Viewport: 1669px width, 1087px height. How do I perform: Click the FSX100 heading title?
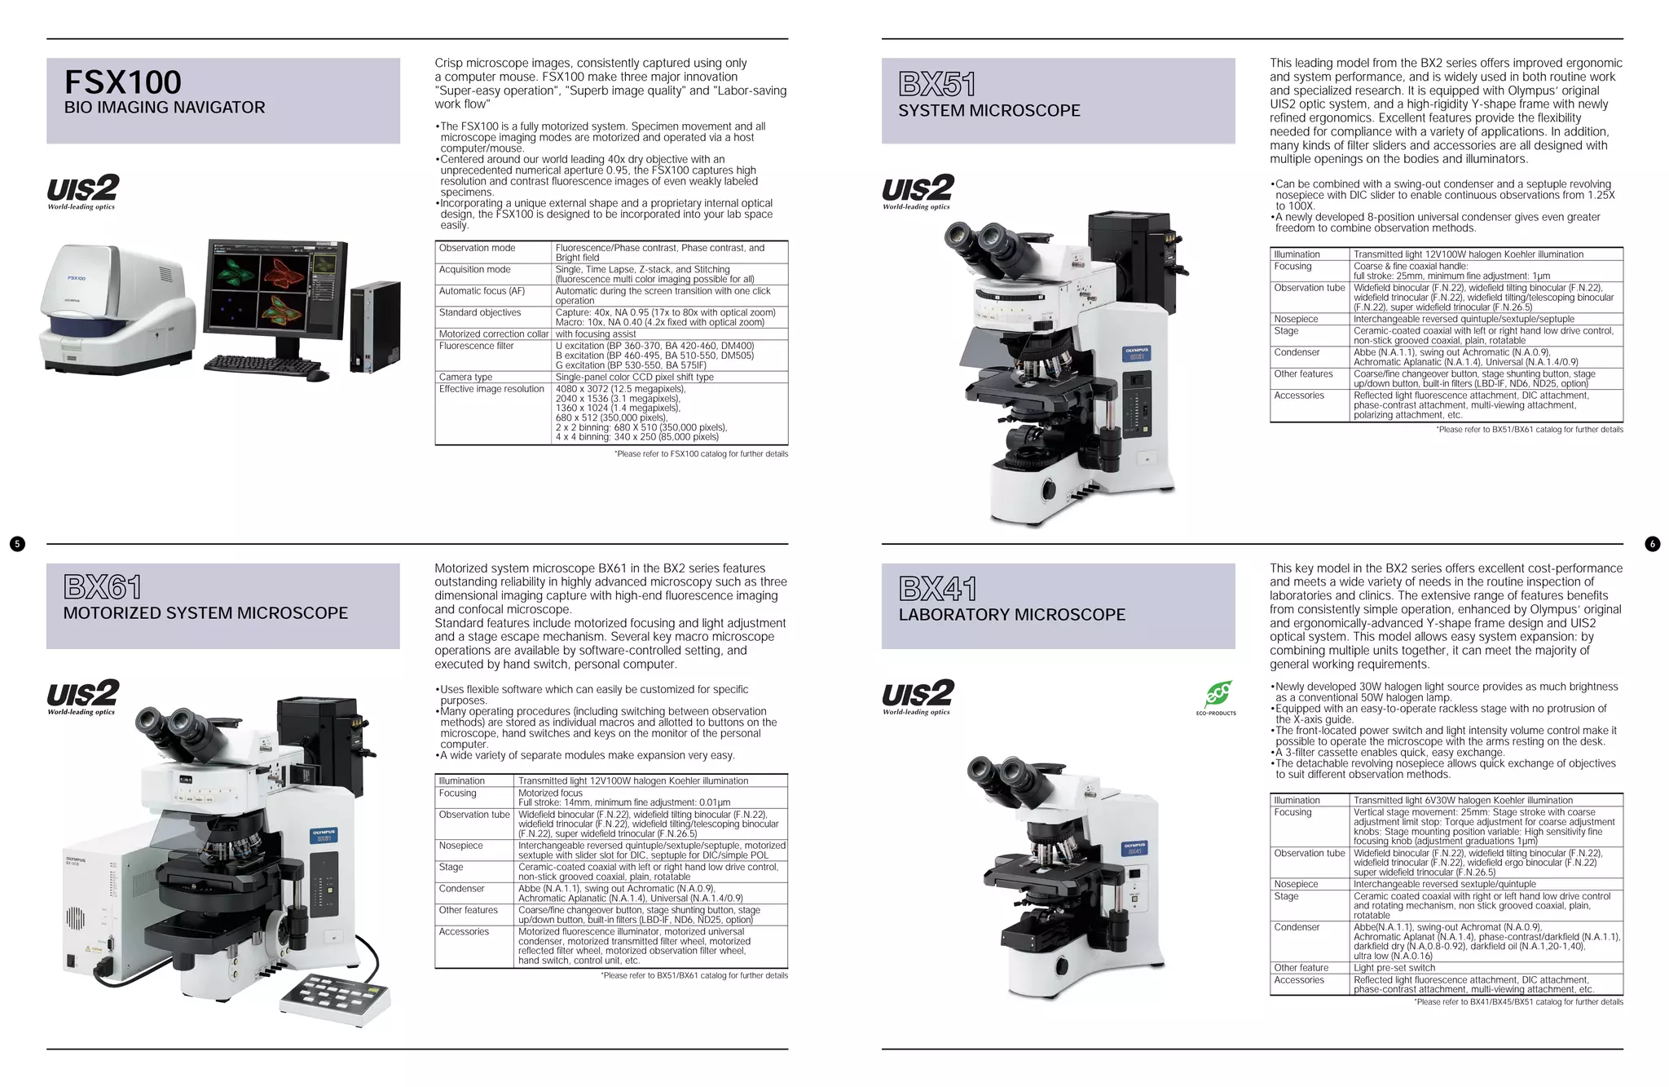point(122,82)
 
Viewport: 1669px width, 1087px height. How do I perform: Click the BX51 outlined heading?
point(936,84)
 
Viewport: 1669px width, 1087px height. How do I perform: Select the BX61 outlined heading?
point(103,587)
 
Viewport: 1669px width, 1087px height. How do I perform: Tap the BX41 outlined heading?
point(937,589)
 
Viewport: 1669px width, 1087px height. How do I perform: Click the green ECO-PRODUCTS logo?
point(1217,696)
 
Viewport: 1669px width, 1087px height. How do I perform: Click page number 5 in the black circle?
point(17,544)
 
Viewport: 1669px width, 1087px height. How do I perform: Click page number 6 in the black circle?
point(1652,544)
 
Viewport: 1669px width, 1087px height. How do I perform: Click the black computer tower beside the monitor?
point(375,326)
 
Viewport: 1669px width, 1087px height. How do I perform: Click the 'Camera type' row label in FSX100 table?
point(465,377)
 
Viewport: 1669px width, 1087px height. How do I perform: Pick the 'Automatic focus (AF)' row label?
point(482,291)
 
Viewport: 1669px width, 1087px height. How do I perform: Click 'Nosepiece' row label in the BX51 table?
point(1296,319)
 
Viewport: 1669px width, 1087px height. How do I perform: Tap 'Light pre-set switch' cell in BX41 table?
point(1394,968)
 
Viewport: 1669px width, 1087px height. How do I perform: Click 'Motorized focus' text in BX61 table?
point(550,793)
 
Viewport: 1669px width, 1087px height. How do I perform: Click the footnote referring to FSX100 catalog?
point(701,454)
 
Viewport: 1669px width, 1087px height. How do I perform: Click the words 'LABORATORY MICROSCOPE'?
point(1011,615)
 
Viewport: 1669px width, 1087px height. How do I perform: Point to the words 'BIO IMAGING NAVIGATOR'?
point(165,108)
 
